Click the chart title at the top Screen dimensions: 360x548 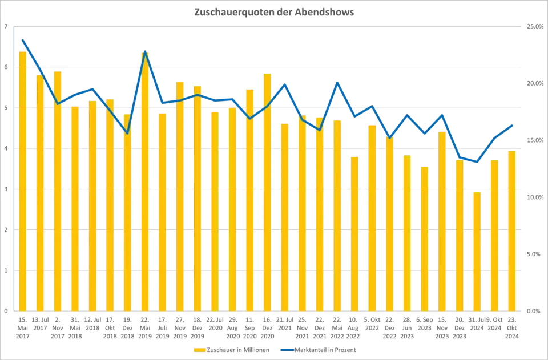coord(274,13)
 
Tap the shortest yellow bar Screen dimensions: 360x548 coord(476,251)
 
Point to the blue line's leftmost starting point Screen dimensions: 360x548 coord(22,38)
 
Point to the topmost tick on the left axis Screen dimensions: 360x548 coord(7,27)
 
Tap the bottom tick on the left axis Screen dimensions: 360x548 coord(7,311)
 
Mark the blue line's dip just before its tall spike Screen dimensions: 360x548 coord(127,133)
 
